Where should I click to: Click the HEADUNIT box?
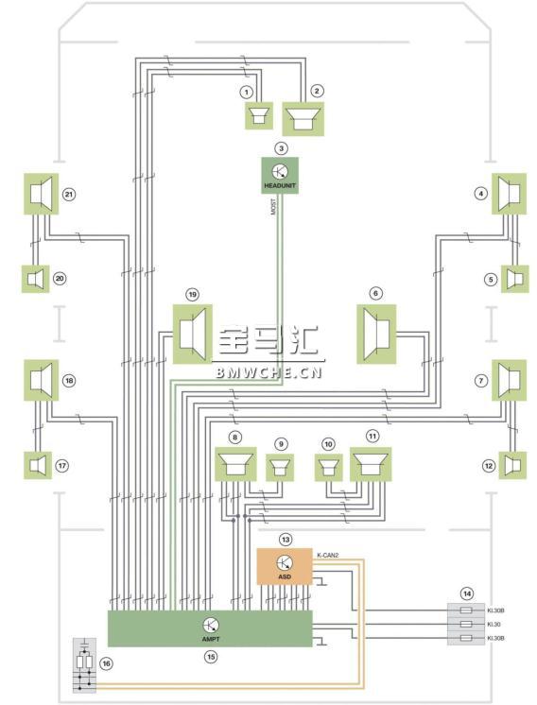[280, 176]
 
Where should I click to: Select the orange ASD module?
[285, 566]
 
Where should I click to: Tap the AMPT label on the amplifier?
[211, 639]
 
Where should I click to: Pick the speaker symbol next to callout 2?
[303, 119]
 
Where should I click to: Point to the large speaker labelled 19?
[193, 334]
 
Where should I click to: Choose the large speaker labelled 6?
[376, 334]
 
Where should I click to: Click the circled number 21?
[69, 195]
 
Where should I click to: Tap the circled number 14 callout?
[468, 593]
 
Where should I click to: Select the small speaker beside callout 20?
[36, 279]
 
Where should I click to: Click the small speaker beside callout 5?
[515, 279]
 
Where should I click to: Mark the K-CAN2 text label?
[327, 556]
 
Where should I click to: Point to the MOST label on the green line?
[273, 206]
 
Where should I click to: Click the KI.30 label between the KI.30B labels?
[494, 625]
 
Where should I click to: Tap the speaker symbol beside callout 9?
[280, 468]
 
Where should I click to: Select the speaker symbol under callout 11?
[371, 464]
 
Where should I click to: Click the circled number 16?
[106, 663]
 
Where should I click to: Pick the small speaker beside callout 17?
[37, 465]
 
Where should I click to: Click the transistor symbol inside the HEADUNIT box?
[280, 171]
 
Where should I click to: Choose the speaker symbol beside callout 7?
[510, 380]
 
